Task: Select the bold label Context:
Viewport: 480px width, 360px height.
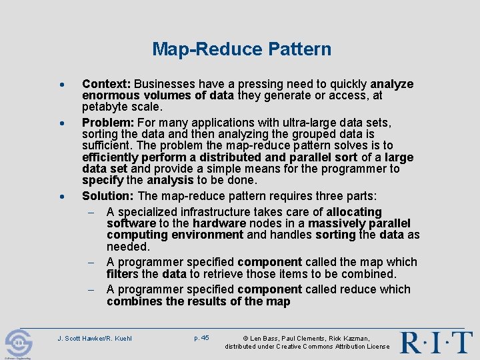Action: point(106,84)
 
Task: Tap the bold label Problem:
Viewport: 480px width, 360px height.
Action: point(107,123)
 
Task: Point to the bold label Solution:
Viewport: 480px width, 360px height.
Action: point(108,195)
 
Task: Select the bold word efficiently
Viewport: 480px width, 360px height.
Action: point(110,157)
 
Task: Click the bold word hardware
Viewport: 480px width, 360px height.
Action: point(219,223)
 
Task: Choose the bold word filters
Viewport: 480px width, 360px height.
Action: point(123,273)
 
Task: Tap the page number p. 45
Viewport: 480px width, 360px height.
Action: point(201,338)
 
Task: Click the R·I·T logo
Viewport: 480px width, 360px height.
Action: point(436,342)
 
